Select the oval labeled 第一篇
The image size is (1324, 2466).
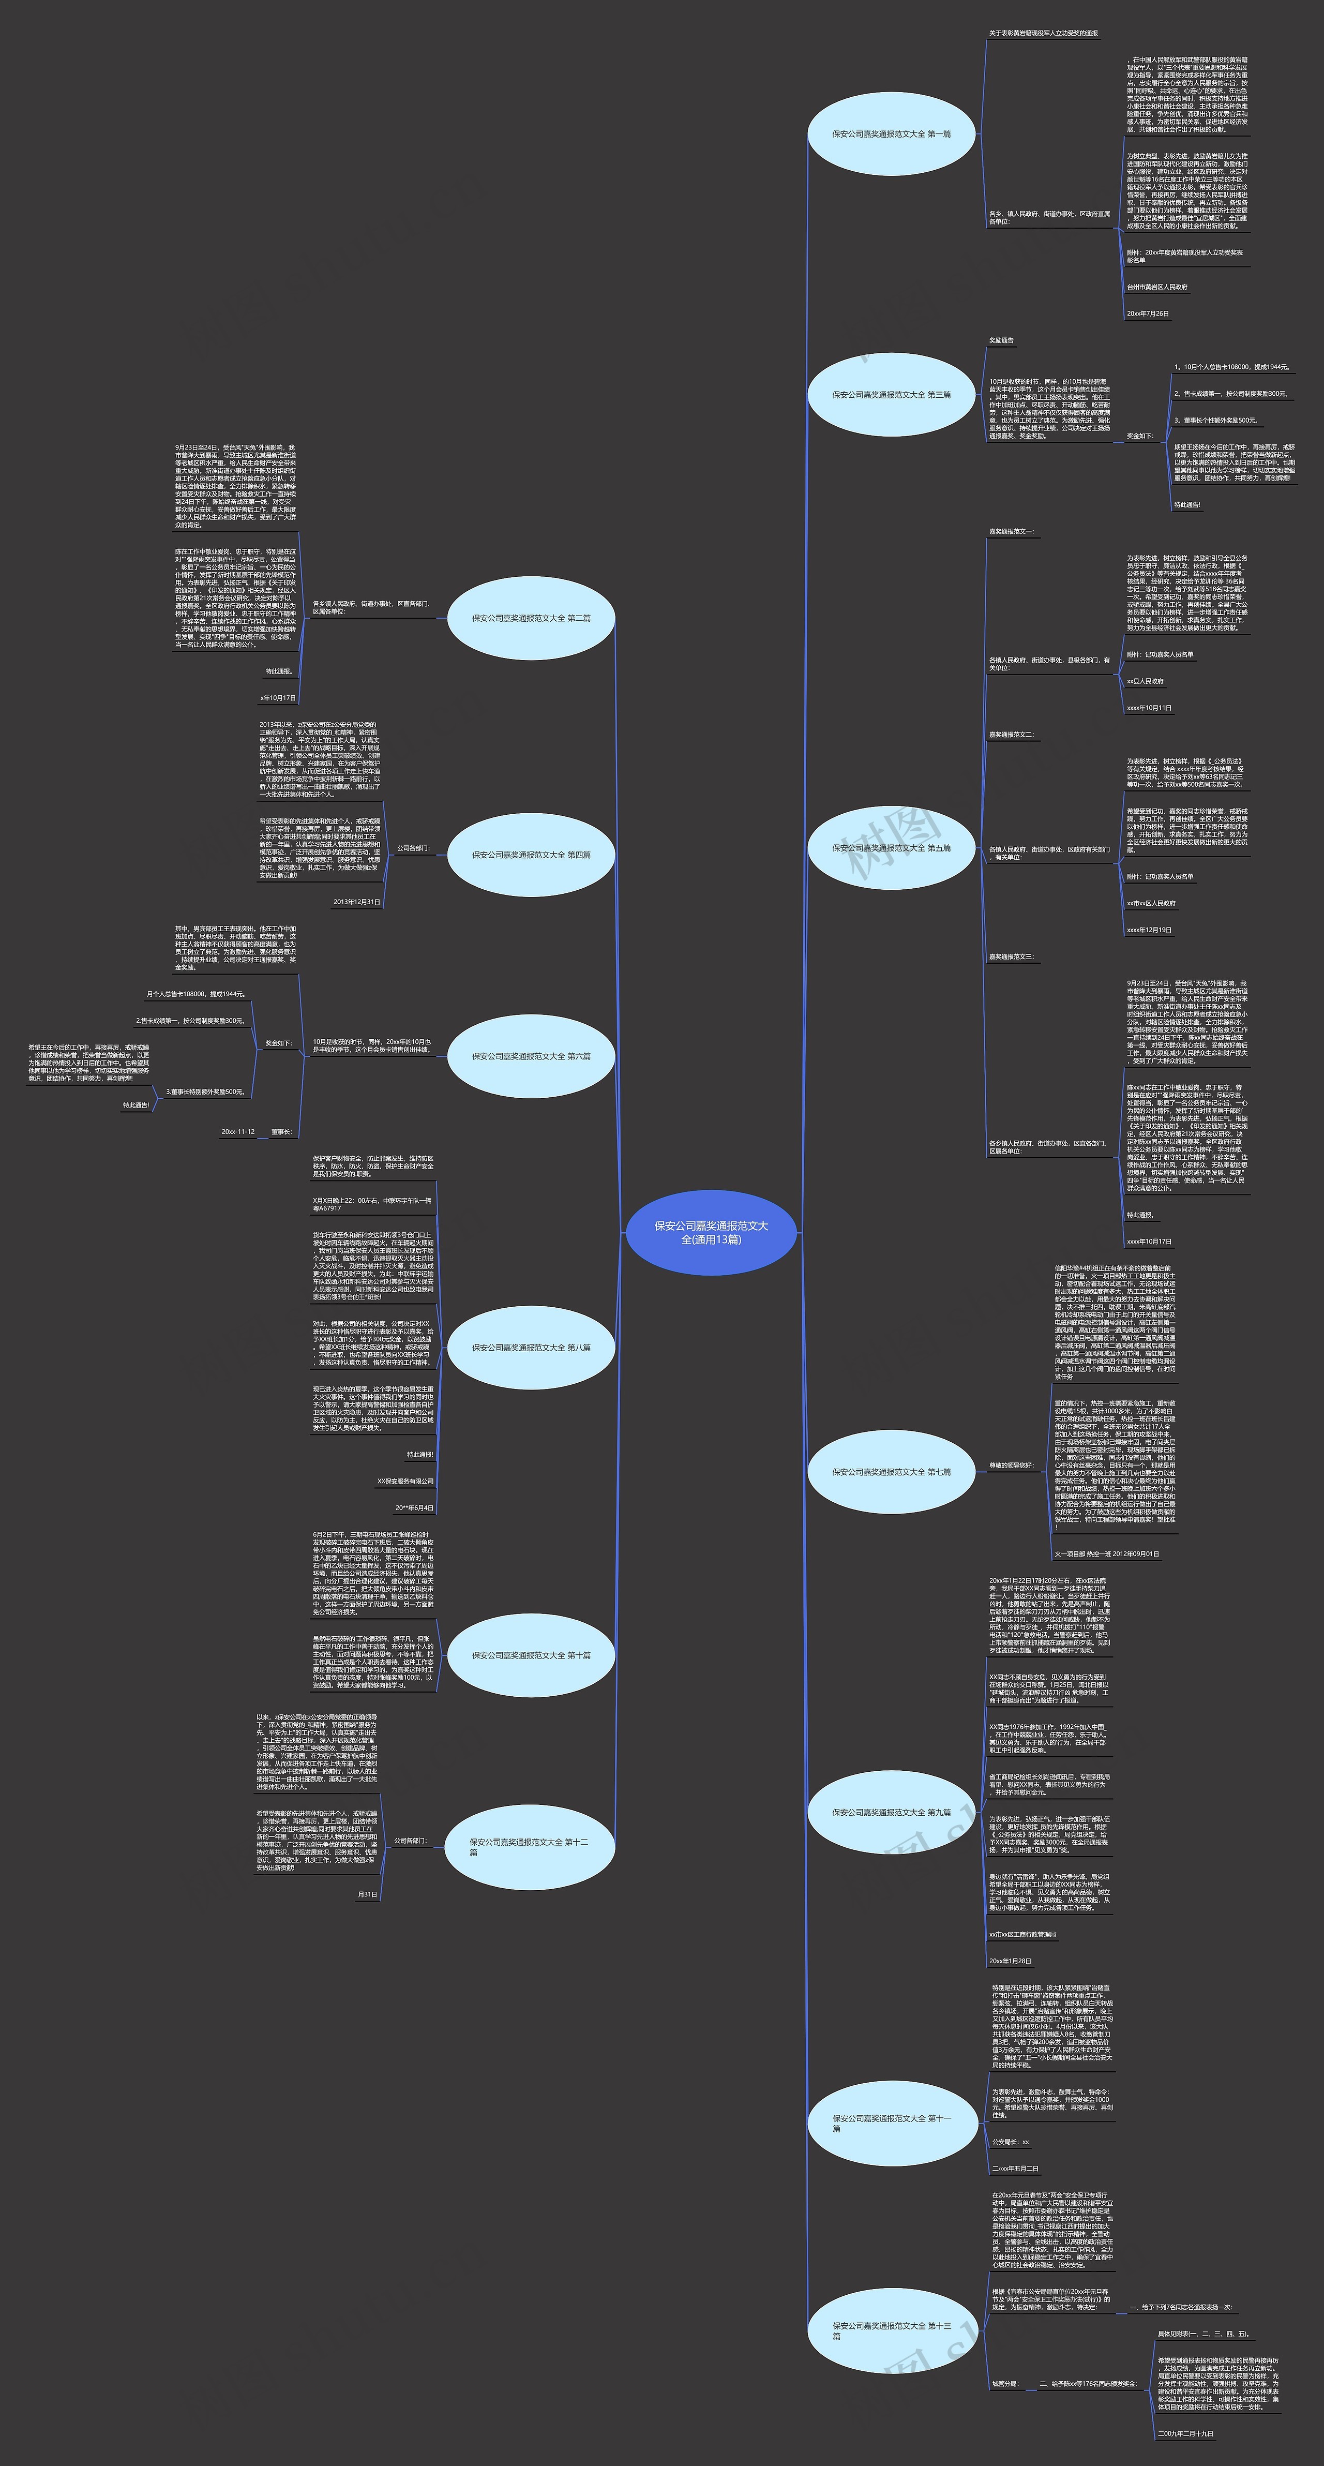pyautogui.click(x=891, y=134)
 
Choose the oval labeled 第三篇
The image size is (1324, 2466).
pyautogui.click(x=891, y=394)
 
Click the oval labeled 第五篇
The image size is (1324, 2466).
pyautogui.click(x=891, y=848)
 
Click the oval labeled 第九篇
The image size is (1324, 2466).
pyautogui.click(x=891, y=1812)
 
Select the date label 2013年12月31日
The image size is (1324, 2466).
pyautogui.click(x=357, y=902)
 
